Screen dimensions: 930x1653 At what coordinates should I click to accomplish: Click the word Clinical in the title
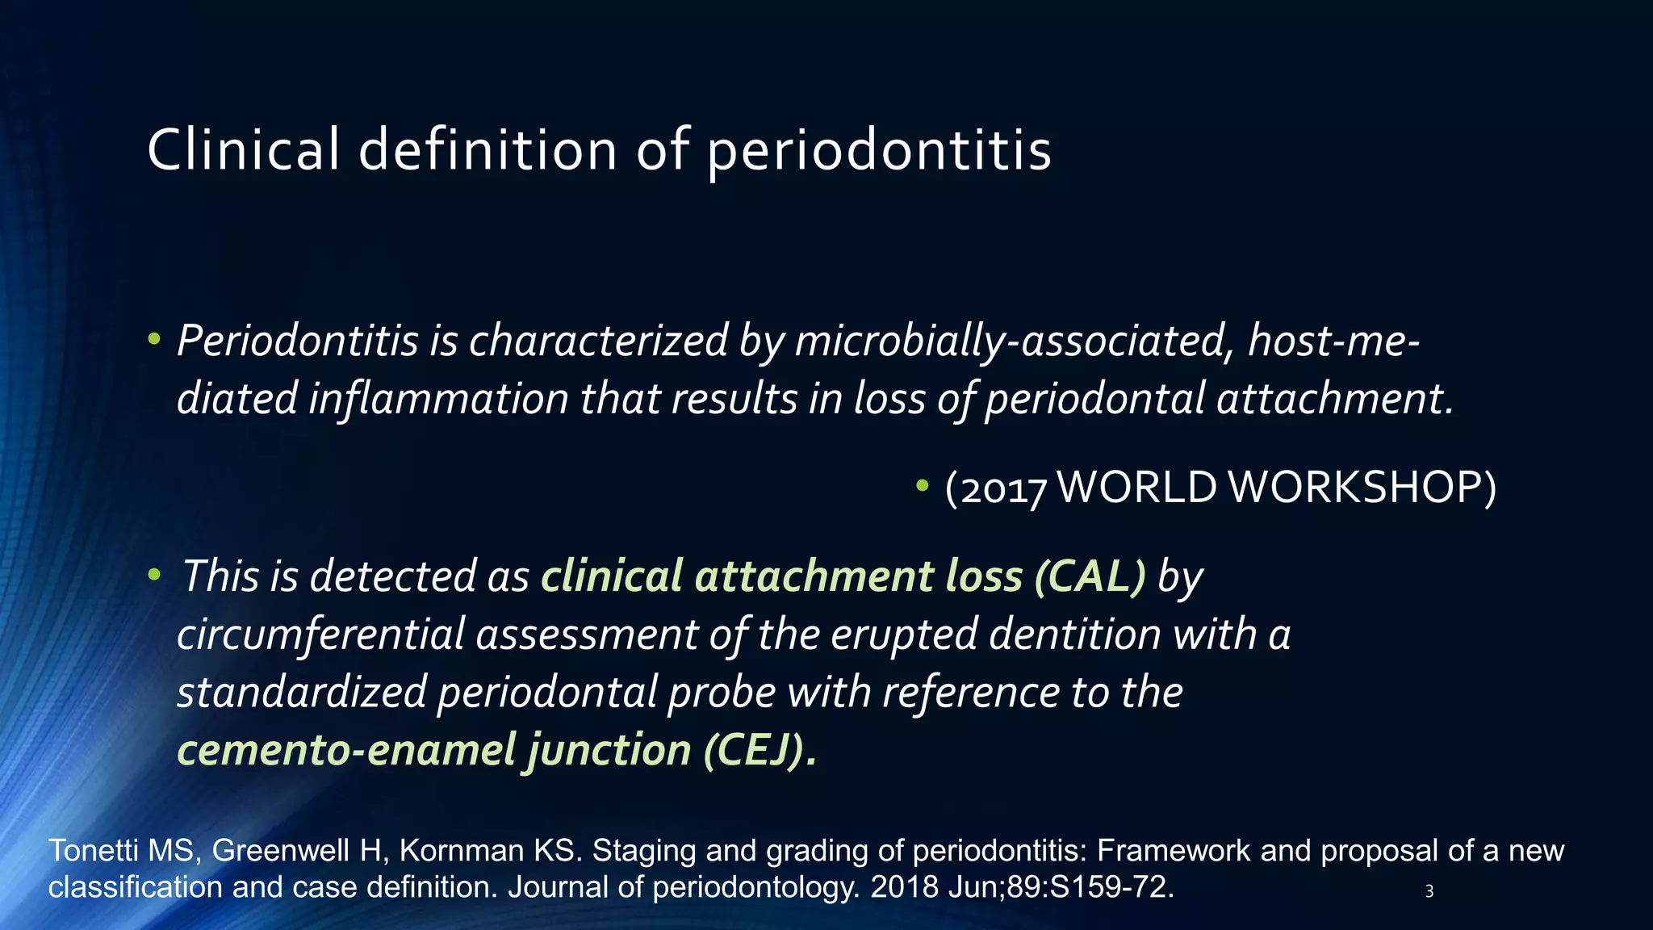[243, 150]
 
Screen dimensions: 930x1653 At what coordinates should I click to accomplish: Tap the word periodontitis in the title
[879, 152]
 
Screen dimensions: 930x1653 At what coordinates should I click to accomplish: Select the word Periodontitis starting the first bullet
[297, 341]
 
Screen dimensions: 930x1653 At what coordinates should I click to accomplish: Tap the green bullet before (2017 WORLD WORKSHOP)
[923, 486]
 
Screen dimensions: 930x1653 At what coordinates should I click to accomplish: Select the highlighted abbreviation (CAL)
[1090, 576]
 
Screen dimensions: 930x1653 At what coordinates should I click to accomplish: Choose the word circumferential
[320, 635]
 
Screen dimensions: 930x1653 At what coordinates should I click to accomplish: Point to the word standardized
[301, 693]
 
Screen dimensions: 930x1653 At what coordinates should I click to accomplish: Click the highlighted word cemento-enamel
[346, 751]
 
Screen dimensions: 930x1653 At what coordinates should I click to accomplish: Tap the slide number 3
[1429, 892]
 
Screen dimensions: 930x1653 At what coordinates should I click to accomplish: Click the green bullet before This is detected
[154, 576]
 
